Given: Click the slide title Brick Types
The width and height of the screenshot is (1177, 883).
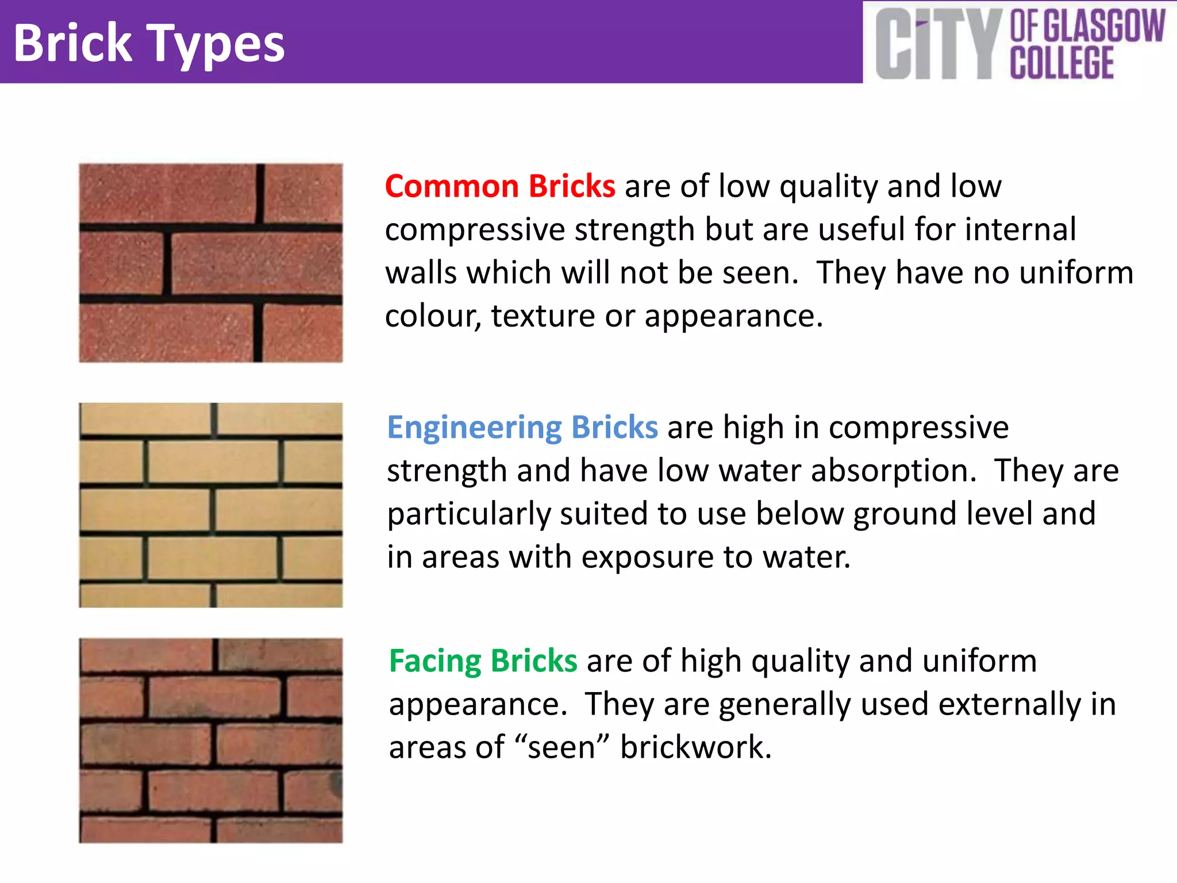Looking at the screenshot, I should (149, 44).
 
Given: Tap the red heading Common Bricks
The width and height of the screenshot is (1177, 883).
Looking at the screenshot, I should (500, 186).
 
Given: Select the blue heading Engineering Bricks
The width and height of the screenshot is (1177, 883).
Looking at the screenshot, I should (522, 427).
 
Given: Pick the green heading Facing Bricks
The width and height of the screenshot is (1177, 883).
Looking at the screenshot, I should (483, 661).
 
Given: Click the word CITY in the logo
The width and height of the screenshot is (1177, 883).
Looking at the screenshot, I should (937, 45).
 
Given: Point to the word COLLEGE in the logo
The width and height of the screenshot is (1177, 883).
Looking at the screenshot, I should (1062, 63).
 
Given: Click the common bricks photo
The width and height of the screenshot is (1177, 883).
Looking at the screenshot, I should (211, 263).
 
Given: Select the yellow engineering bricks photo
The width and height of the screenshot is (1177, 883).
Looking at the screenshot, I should (211, 505).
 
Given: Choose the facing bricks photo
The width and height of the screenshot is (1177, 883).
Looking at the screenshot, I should (211, 740).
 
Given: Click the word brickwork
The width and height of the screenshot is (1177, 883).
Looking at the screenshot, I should (695, 747).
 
